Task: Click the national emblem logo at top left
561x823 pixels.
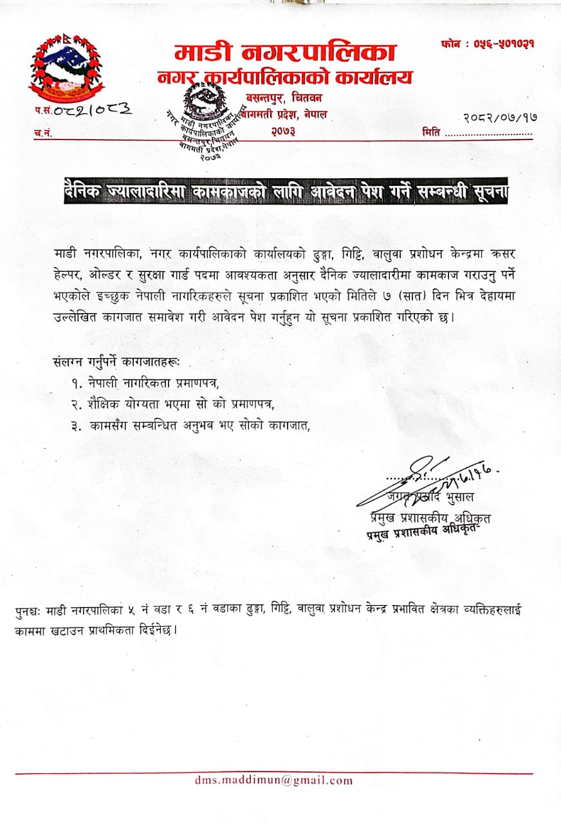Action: click(x=66, y=66)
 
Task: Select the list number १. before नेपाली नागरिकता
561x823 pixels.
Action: click(x=78, y=384)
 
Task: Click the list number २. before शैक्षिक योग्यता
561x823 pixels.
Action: click(x=78, y=404)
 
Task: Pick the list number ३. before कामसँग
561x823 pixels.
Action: click(x=78, y=425)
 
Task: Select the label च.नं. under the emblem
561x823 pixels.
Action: click(x=42, y=133)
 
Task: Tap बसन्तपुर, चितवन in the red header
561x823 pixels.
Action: click(x=284, y=97)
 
